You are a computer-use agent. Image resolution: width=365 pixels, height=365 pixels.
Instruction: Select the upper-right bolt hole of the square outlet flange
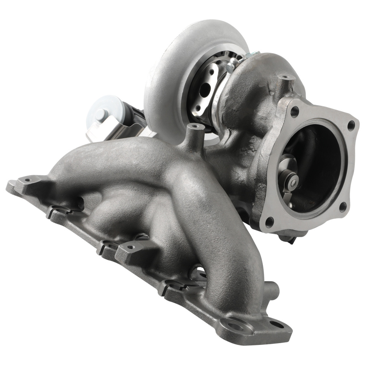351,126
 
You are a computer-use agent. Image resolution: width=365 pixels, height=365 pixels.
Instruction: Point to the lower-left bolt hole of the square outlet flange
269,221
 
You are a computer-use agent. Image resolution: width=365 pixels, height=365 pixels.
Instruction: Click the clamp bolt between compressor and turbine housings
230,67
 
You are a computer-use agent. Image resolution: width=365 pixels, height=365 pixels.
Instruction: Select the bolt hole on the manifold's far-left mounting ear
27,180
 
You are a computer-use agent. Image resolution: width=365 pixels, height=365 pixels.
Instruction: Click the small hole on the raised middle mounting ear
130,247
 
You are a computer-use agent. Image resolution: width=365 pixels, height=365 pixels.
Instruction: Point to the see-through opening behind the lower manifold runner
199,272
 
